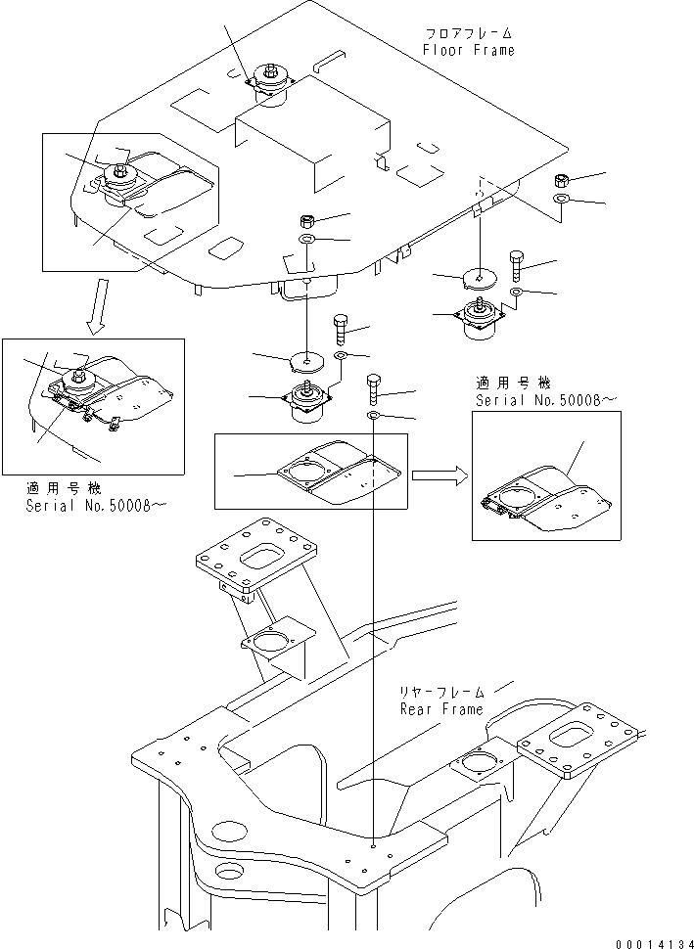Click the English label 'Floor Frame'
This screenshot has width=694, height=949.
pos(468,50)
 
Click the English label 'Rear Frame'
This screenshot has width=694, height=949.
pos(440,709)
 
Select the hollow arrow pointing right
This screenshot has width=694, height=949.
pos(435,475)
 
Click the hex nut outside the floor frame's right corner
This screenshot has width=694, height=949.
pos(563,180)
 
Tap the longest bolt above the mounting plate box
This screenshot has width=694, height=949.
pos(375,388)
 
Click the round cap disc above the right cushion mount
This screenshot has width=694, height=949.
pos(480,279)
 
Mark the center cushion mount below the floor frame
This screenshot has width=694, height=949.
pos(307,404)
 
